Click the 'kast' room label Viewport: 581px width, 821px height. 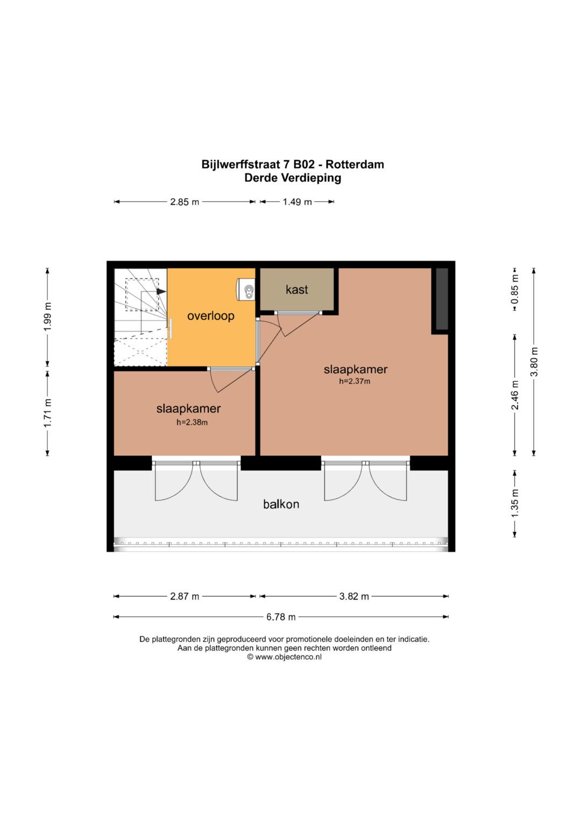click(x=296, y=290)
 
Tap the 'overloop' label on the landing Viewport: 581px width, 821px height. click(x=210, y=316)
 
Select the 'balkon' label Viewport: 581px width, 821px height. click(x=281, y=504)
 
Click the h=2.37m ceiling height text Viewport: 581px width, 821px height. click(x=355, y=382)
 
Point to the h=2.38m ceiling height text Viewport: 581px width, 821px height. click(x=192, y=423)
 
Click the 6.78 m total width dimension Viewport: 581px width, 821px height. click(x=281, y=617)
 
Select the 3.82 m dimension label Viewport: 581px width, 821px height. click(x=354, y=596)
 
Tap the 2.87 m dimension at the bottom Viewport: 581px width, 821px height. click(x=185, y=596)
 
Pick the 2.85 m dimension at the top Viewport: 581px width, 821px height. click(x=185, y=202)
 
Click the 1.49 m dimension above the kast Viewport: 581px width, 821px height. click(x=297, y=202)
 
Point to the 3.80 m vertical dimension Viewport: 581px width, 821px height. click(x=534, y=362)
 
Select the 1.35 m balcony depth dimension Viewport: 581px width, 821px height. click(x=515, y=504)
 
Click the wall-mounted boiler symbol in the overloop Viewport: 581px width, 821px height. click(x=247, y=290)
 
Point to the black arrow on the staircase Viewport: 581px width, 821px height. click(x=161, y=291)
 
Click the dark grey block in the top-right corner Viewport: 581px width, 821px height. click(x=442, y=299)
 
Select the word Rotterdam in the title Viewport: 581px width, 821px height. click(x=355, y=165)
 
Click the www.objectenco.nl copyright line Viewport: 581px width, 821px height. click(x=285, y=657)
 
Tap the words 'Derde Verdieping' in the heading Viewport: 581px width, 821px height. click(x=293, y=178)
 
